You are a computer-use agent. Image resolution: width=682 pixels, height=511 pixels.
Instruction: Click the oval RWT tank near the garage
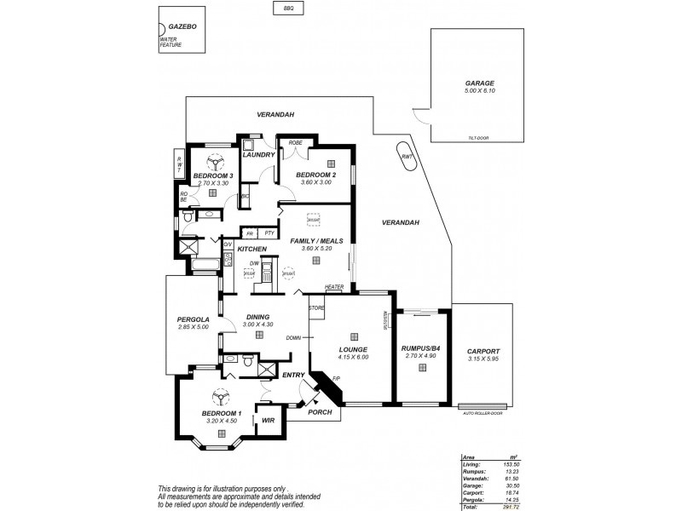(407, 157)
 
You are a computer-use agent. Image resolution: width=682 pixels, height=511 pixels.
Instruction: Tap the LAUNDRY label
(258, 155)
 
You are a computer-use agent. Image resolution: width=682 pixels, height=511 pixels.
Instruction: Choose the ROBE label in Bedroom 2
(296, 142)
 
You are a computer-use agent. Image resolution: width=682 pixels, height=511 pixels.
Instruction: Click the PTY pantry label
(269, 233)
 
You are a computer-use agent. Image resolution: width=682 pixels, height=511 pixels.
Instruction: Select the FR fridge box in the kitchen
(250, 233)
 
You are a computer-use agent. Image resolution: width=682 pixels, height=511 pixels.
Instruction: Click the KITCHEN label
(252, 249)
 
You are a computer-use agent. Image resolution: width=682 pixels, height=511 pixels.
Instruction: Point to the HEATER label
(334, 287)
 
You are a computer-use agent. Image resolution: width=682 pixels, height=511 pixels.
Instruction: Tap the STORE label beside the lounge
(317, 307)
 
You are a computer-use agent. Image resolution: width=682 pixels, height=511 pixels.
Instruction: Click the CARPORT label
(483, 351)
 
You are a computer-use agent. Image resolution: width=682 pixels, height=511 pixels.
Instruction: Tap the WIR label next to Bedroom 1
(267, 421)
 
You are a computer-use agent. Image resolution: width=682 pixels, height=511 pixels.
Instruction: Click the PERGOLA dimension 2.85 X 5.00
(194, 327)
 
